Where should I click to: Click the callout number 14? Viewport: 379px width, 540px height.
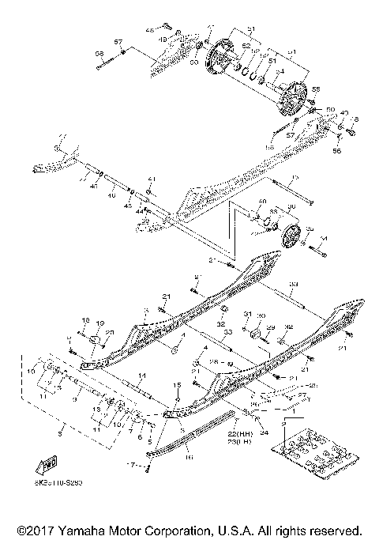click(142, 375)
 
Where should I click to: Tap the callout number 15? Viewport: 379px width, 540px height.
click(178, 383)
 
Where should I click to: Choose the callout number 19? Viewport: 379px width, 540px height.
click(99, 323)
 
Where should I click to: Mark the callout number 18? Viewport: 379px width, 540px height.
click(84, 319)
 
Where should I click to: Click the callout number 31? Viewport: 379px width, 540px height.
click(246, 314)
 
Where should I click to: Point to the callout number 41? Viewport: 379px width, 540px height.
click(152, 179)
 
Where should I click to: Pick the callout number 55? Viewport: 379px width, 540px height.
click(317, 89)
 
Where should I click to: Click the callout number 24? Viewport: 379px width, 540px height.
click(263, 432)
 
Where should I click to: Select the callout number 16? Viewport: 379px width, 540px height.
click(188, 456)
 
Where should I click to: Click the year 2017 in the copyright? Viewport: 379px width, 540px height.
click(31, 529)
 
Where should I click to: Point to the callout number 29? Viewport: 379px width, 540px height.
click(270, 327)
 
